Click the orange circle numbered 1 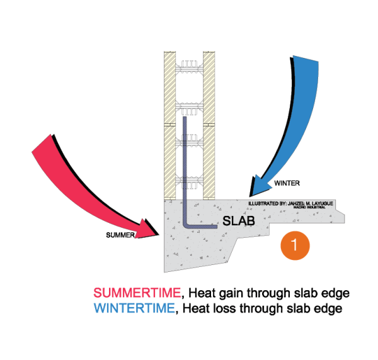click(x=295, y=245)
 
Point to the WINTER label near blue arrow click(x=287, y=183)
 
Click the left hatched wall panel click(x=169, y=126)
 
